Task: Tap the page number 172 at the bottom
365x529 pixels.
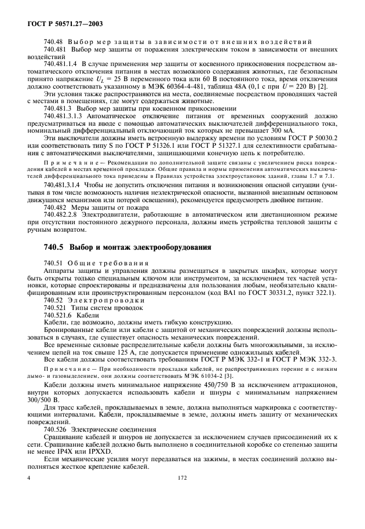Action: (183, 512)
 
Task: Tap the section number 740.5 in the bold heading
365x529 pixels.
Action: (54, 247)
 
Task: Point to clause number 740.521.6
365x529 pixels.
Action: (56, 315)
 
